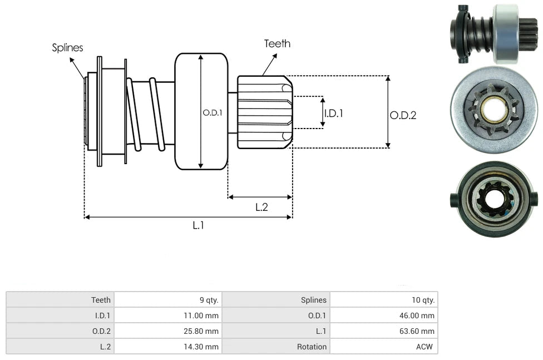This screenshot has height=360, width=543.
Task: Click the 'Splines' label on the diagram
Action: [67, 48]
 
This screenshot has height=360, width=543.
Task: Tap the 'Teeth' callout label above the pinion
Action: [277, 43]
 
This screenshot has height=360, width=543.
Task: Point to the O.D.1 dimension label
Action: [213, 112]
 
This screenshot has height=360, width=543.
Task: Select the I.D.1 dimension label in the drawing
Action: [333, 113]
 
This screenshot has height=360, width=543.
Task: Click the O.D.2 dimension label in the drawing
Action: [403, 115]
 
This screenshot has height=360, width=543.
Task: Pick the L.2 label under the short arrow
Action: [261, 207]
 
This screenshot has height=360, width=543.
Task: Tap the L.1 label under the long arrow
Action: [199, 225]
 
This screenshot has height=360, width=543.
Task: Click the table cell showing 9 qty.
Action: [209, 300]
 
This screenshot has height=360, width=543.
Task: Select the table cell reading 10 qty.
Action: [423, 300]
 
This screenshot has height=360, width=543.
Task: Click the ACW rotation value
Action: [427, 347]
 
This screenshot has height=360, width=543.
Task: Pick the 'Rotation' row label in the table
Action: [312, 347]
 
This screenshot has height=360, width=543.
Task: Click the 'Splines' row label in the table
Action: [314, 300]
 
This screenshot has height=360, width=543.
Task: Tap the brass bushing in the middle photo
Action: [495, 109]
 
